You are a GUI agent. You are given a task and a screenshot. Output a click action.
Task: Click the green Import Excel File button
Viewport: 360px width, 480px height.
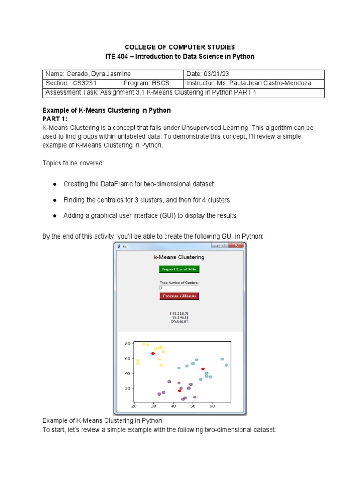[179, 269]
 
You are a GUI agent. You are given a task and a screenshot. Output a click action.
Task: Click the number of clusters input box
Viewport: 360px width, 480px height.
[179, 288]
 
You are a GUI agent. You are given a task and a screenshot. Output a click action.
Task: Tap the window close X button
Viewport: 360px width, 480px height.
[237, 245]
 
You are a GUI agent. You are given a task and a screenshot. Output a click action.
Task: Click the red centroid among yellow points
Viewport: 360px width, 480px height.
[153, 353]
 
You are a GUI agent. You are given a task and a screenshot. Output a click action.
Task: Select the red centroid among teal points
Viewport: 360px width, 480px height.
[203, 369]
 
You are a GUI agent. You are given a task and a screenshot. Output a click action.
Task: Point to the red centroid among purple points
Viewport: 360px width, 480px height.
[180, 390]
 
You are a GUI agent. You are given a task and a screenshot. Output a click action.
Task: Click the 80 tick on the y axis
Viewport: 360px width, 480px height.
[127, 344]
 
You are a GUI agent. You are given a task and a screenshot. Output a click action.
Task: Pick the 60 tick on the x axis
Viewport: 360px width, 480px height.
[212, 406]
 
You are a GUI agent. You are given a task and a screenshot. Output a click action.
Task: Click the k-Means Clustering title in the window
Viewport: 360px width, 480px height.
[179, 257]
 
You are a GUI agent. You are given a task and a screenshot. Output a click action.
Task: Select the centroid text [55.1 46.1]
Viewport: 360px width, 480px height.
[180, 317]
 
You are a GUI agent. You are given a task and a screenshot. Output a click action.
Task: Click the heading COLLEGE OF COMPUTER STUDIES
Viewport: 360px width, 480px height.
[180, 47]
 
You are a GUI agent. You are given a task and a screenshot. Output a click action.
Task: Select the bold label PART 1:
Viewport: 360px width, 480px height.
[55, 119]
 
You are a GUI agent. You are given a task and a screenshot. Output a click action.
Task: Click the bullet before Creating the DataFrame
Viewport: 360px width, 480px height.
[54, 184]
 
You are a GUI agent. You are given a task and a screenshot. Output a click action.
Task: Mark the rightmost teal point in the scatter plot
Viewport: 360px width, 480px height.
[226, 365]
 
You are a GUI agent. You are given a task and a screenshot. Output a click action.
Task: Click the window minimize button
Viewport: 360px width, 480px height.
[216, 245]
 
